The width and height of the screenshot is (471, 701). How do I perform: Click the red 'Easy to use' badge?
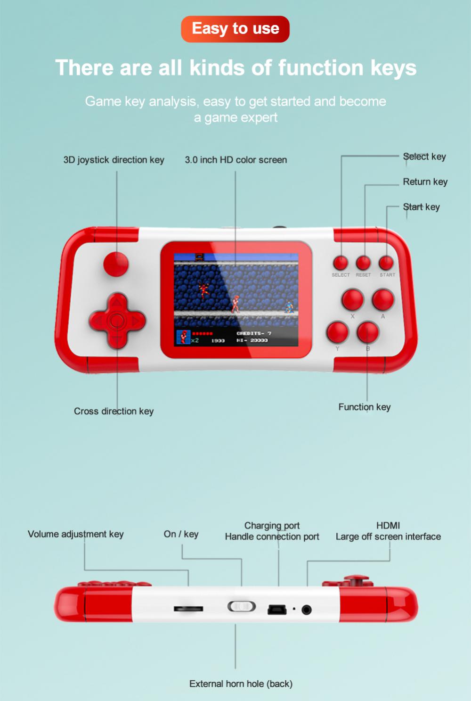(235, 29)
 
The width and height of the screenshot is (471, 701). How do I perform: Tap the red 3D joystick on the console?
(116, 264)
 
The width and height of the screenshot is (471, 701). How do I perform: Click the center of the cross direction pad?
(117, 321)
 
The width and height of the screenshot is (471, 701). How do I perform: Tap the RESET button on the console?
(363, 263)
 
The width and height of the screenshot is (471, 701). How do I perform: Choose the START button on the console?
(386, 263)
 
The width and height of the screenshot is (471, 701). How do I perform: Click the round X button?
(352, 300)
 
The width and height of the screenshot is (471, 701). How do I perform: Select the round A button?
(383, 300)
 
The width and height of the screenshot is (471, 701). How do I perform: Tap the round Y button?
(337, 332)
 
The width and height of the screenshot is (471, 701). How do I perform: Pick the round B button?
(368, 332)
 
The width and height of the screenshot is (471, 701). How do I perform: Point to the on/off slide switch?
(242, 607)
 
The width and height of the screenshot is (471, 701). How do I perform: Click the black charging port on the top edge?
(277, 610)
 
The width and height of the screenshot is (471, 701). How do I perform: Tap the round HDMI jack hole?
(307, 610)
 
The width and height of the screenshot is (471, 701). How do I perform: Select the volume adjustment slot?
(188, 609)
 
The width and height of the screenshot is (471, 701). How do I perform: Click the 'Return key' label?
(425, 182)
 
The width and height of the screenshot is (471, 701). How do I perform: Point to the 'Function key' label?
(365, 407)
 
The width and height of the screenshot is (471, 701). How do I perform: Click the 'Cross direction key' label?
(114, 411)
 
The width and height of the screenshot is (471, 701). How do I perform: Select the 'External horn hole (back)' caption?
(241, 684)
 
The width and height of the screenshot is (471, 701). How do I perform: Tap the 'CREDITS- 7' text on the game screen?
(254, 334)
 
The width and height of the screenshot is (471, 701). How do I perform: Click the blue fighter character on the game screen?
(289, 306)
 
